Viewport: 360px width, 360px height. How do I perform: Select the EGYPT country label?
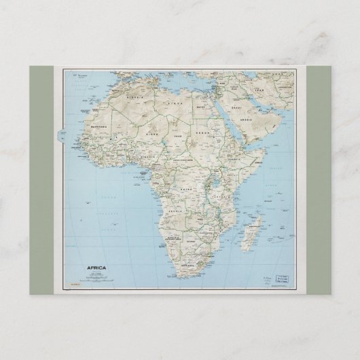coord(219,107)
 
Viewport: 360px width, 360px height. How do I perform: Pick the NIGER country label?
coord(156,135)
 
